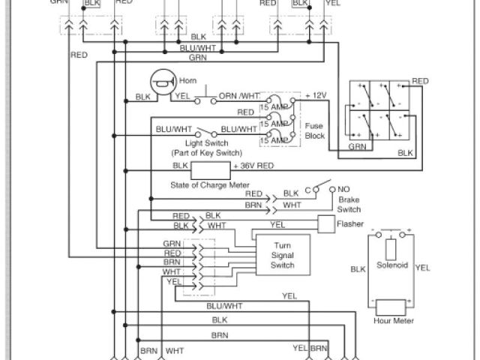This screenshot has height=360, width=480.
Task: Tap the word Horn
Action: point(187,81)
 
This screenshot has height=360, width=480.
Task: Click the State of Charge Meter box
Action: point(211,169)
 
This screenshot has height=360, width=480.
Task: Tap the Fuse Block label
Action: point(314,130)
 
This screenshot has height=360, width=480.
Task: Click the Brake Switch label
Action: point(349,205)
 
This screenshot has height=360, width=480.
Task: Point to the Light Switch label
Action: point(206,142)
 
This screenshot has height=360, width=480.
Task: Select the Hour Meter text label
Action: point(394,321)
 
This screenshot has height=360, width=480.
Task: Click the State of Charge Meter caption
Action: point(210,184)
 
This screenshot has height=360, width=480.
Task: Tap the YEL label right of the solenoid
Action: point(422,267)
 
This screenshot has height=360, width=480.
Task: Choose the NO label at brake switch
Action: point(344,190)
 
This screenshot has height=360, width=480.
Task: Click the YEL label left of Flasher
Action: point(277,223)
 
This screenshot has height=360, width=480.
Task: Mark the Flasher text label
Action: point(350,224)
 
